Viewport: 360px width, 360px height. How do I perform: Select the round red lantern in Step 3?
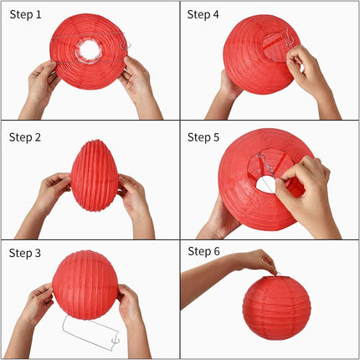point(85,285)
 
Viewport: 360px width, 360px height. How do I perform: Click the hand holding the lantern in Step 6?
point(255,262)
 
